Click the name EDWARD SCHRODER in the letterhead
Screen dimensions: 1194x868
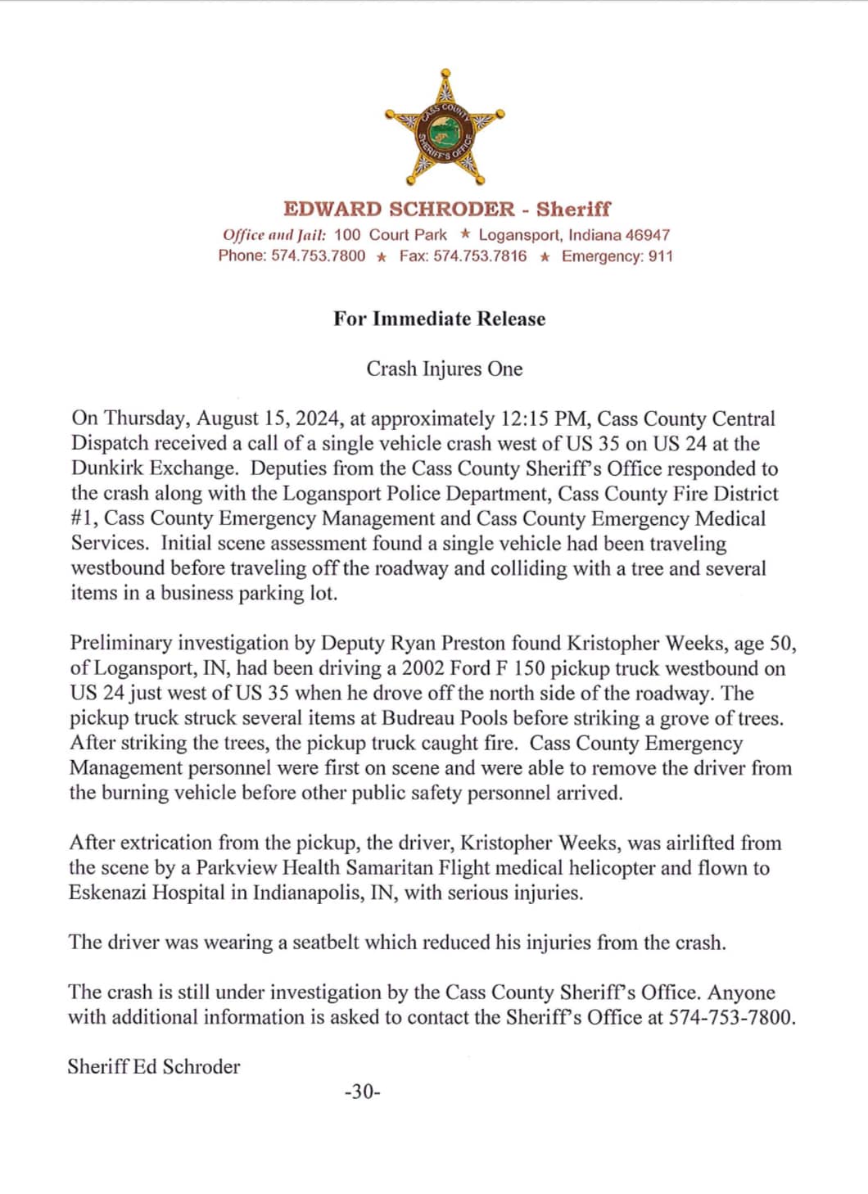point(400,209)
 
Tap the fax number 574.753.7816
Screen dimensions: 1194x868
point(480,256)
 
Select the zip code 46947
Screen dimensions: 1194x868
point(648,235)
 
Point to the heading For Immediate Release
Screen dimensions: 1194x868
point(439,319)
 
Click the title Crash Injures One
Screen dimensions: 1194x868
point(444,369)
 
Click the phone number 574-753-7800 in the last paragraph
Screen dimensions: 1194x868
point(731,1017)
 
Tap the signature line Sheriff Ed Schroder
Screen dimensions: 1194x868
point(154,1066)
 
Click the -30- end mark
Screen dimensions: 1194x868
point(363,1092)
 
